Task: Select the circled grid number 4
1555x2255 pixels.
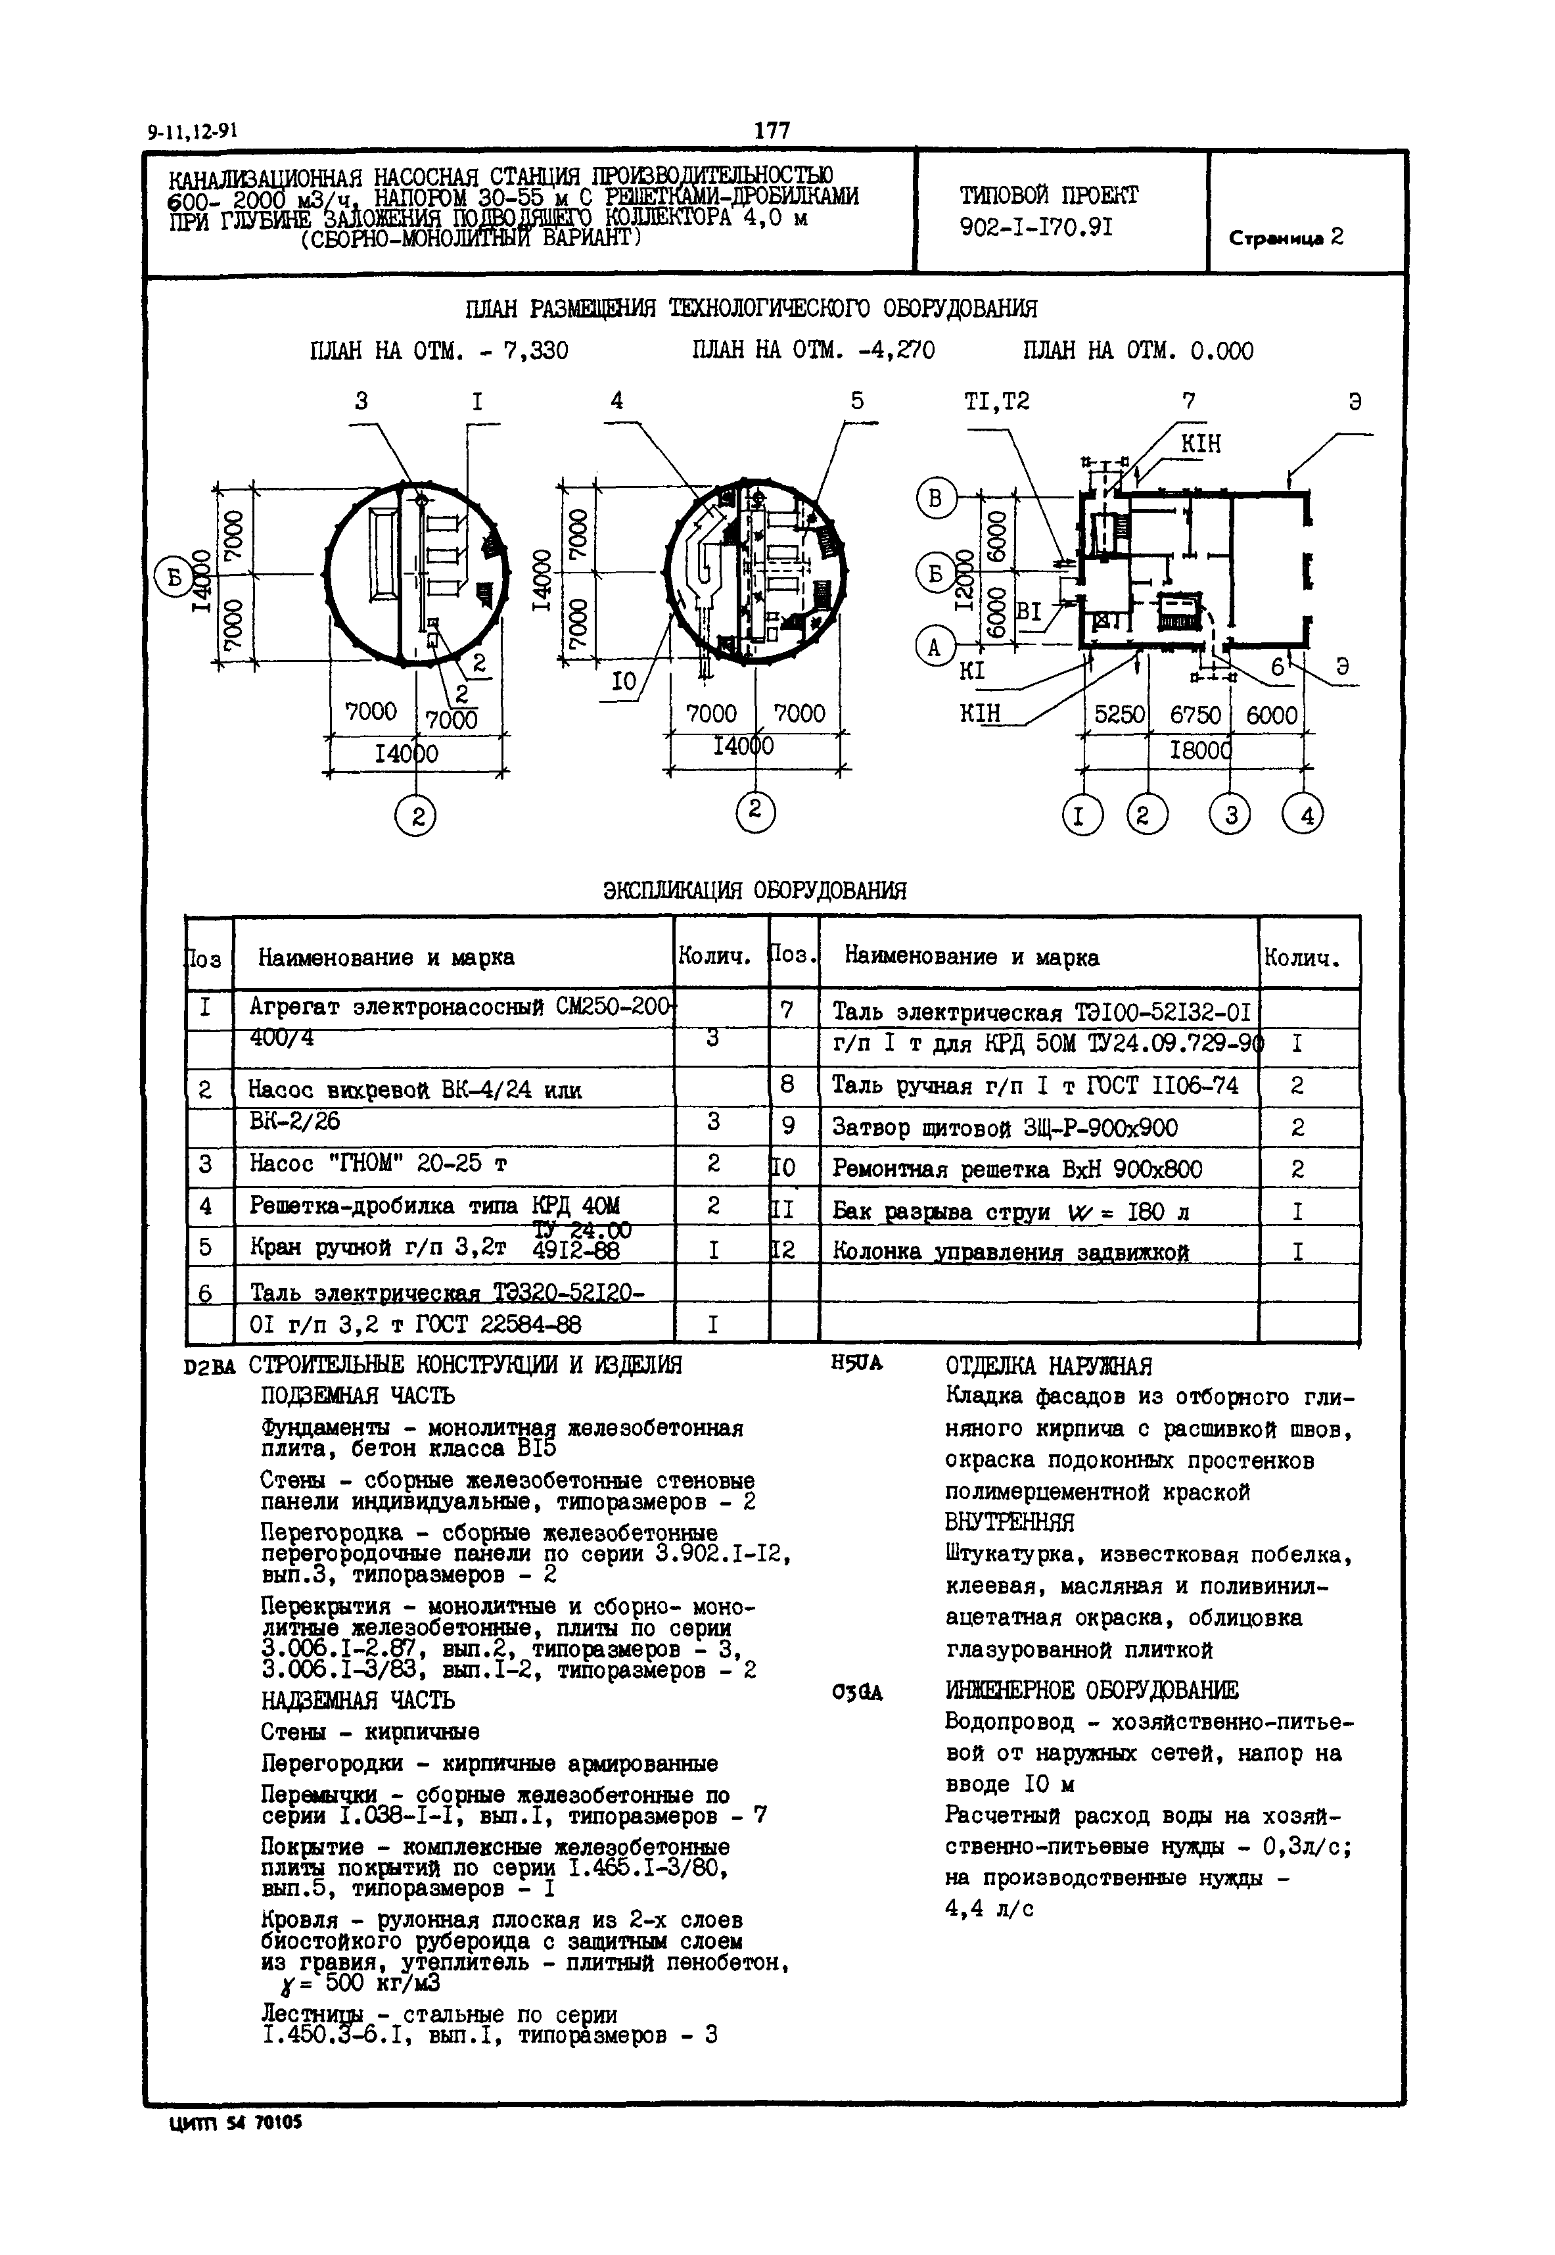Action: [x=1305, y=814]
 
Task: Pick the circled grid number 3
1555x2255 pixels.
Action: [x=1230, y=814]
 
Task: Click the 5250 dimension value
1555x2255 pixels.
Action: [x=1119, y=715]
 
